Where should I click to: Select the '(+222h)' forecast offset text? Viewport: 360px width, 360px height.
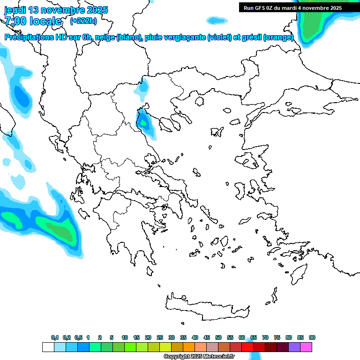coord(83,21)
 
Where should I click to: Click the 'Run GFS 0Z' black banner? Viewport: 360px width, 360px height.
coord(292,7)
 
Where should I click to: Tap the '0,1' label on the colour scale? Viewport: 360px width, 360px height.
coord(55,337)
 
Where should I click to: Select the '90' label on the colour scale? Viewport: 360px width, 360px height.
coord(312,337)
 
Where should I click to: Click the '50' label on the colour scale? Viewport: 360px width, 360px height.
coord(218,337)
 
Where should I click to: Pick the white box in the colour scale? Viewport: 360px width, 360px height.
coord(48,347)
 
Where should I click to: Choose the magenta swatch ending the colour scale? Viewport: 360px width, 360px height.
coord(306,347)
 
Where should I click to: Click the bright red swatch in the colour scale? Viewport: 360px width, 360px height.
coord(247,347)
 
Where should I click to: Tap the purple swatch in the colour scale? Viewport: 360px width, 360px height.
coord(294,347)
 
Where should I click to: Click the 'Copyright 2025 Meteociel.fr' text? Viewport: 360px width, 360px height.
coord(199,357)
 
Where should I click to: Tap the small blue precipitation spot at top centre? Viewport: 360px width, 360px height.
coord(216,20)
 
